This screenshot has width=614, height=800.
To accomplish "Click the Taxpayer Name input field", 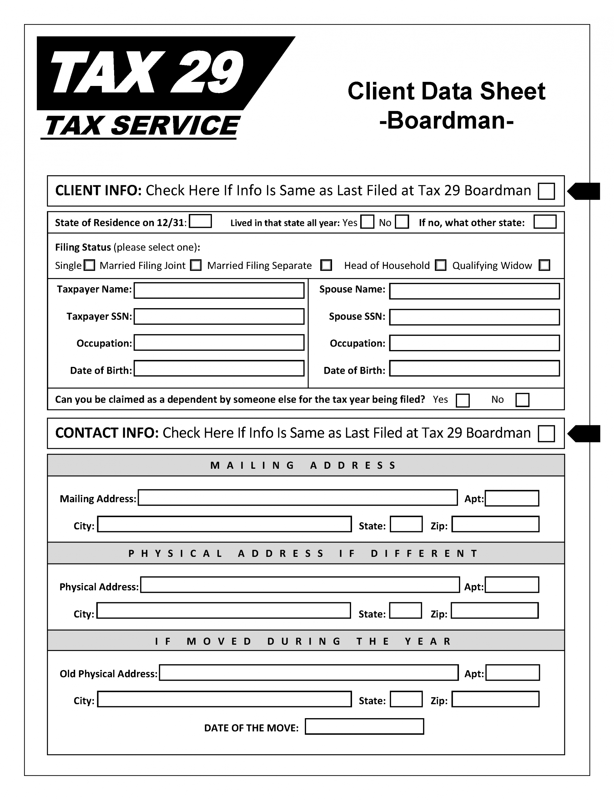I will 219,290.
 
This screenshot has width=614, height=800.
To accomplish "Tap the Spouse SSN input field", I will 474,317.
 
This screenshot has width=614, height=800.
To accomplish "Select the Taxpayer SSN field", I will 219,316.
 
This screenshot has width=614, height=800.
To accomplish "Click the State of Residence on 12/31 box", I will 200,221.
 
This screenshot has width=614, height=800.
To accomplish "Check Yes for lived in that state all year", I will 367,222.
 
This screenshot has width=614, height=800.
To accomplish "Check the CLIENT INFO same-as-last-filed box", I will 546,191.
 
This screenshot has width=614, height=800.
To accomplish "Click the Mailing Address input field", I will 298,497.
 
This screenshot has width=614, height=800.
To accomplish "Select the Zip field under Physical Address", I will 495,610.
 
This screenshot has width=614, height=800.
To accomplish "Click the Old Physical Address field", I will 309,672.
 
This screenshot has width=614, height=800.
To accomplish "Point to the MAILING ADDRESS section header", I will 305,465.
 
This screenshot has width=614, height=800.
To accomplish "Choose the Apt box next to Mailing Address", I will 512,498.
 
